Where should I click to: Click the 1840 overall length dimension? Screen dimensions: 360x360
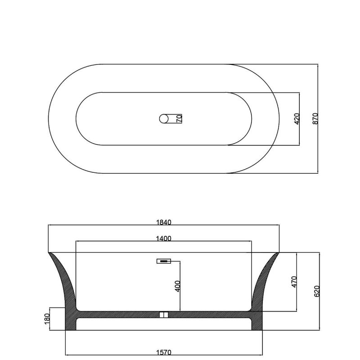[164, 222]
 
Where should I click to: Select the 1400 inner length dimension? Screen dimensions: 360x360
[164, 238]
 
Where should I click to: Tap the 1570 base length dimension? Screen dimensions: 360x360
[164, 352]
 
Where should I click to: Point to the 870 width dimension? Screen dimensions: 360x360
[316, 119]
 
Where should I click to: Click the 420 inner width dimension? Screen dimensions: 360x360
[297, 119]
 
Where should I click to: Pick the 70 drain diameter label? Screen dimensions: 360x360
[179, 119]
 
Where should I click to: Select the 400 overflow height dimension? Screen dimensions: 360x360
[178, 286]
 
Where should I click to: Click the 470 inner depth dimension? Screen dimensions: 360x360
[294, 282]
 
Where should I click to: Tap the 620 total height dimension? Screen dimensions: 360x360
[317, 291]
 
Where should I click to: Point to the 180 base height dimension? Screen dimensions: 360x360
[47, 319]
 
